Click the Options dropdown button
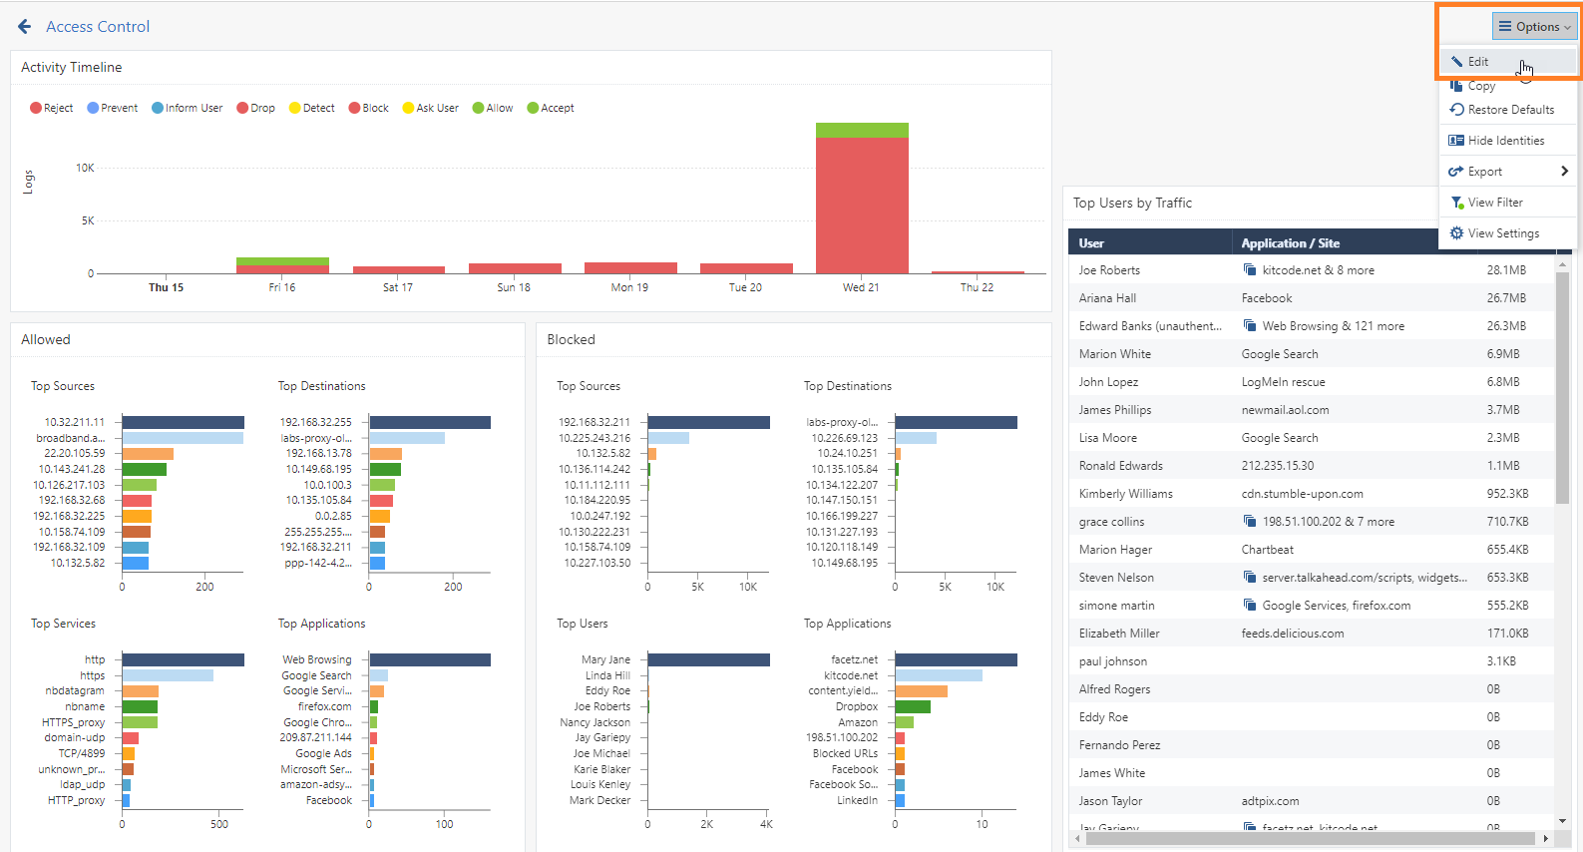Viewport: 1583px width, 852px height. pos(1534,26)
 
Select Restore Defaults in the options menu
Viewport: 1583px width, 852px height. pos(1502,110)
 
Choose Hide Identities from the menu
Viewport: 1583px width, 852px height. pos(1497,141)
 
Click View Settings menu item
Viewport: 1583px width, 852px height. pos(1494,233)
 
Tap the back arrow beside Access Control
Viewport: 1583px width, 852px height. pos(25,27)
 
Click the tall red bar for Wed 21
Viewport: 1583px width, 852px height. pos(862,206)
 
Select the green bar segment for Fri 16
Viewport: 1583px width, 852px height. pos(282,261)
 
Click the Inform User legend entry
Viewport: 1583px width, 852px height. pos(188,108)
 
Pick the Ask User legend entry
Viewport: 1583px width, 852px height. pos(430,108)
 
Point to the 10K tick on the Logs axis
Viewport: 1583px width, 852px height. pos(85,168)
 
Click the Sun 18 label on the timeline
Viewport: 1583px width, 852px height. pos(514,287)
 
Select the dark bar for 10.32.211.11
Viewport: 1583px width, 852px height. pos(183,422)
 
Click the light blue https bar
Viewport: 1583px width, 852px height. pos(168,675)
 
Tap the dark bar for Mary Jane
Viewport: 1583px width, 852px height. pos(709,659)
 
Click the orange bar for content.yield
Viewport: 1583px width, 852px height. pos(922,690)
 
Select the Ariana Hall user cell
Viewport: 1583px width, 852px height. pos(1107,297)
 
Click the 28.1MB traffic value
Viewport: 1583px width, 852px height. pos(1506,270)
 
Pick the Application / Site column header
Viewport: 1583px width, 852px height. pos(1291,243)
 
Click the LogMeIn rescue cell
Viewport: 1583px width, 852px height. pos(1283,382)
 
